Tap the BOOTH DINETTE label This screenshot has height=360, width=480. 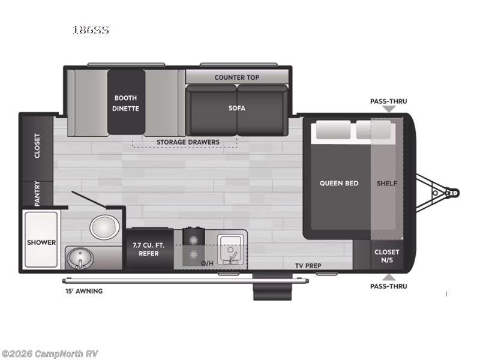tap(125, 103)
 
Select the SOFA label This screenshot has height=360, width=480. tap(236, 109)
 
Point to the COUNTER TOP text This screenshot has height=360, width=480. tap(236, 77)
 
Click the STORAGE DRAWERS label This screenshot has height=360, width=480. tap(188, 142)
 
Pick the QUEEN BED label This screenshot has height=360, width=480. tap(338, 183)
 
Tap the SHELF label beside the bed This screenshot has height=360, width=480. tap(386, 183)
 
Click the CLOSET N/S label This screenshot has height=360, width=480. tap(386, 256)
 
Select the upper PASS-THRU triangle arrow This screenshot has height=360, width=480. tap(389, 109)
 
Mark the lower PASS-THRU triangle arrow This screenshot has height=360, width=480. tap(389, 277)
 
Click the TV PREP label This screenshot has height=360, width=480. tap(308, 266)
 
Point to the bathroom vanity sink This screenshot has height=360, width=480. tap(77, 257)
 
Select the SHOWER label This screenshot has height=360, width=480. tap(41, 242)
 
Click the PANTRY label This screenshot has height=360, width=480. tap(37, 194)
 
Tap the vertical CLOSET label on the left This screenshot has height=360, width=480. tap(37, 146)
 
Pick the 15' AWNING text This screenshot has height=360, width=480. tap(83, 291)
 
